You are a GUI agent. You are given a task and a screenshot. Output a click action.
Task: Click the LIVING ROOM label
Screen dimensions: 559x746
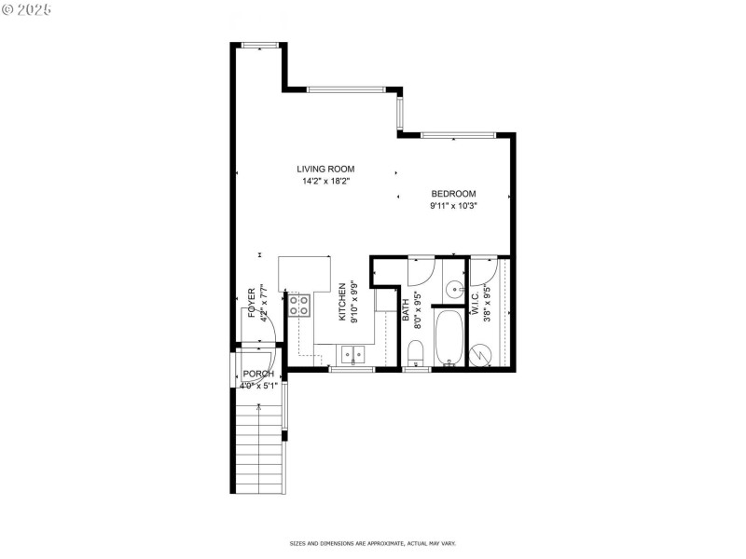pyautogui.click(x=325, y=169)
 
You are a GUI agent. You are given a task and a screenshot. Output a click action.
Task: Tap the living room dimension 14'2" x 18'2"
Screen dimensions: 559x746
pyautogui.click(x=325, y=181)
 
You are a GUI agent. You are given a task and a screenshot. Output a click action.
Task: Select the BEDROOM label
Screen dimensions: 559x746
pyautogui.click(x=453, y=194)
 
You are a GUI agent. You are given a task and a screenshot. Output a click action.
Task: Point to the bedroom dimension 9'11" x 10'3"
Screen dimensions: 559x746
pyautogui.click(x=453, y=206)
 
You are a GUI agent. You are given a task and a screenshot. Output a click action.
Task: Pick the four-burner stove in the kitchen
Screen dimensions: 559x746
pyautogui.click(x=300, y=305)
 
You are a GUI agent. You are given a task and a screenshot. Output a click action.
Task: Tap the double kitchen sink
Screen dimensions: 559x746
pyautogui.click(x=352, y=354)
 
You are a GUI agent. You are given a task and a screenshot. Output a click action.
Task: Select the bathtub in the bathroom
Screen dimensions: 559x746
pyautogui.click(x=449, y=338)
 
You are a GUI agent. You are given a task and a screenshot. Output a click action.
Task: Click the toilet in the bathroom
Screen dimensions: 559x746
pyautogui.click(x=417, y=353)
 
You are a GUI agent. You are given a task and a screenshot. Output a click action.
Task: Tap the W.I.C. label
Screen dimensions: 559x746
pyautogui.click(x=475, y=302)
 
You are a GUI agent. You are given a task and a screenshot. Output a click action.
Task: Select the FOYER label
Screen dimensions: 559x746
pyautogui.click(x=252, y=302)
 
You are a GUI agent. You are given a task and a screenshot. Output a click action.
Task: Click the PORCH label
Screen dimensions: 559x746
pyautogui.click(x=257, y=374)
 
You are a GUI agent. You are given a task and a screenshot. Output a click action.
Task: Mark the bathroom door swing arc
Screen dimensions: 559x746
pyautogui.click(x=421, y=272)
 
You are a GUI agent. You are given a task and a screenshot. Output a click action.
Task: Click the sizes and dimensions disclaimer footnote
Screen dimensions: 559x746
pyautogui.click(x=372, y=543)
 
